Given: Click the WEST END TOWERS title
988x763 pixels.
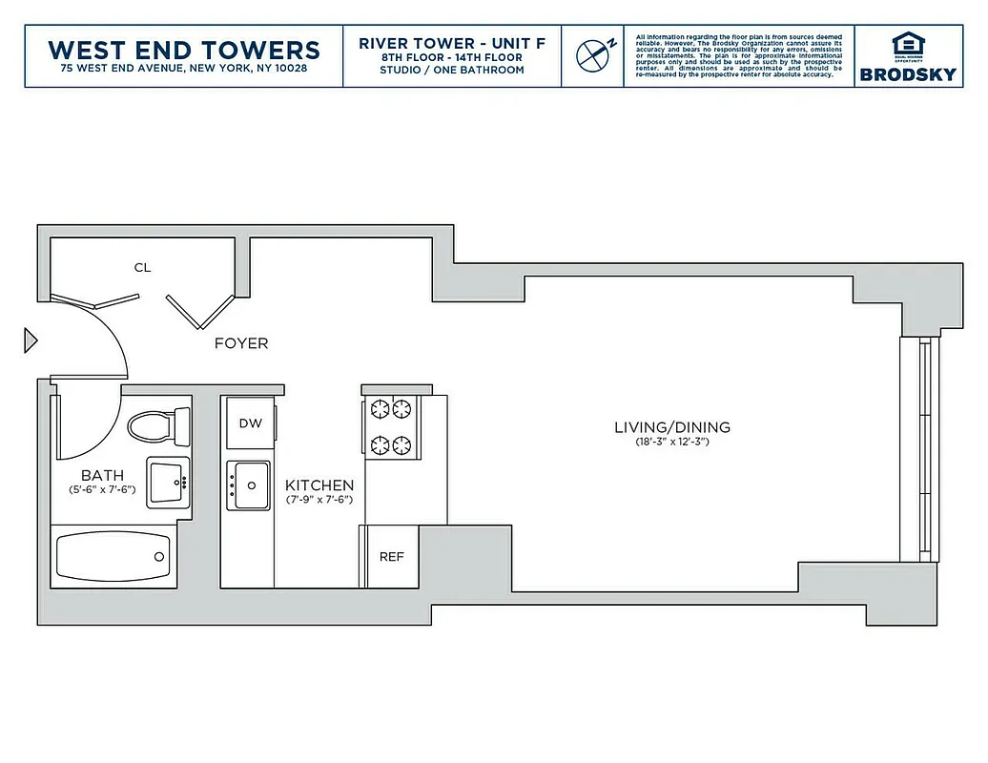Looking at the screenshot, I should click(184, 49).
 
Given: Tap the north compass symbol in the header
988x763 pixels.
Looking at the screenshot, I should click(592, 54).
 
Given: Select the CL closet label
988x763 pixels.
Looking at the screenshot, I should click(142, 268).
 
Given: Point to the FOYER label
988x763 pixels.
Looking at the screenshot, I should click(241, 343).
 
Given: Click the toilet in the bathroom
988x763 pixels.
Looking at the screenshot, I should click(157, 424).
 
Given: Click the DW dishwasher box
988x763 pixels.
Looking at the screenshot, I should click(250, 423).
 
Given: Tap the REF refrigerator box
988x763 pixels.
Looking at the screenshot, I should click(392, 557).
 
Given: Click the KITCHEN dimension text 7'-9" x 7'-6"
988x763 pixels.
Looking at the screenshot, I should click(319, 499).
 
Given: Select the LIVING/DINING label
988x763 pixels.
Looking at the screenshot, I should click(672, 427).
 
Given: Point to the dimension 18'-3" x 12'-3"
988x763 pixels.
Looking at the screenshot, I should click(672, 443).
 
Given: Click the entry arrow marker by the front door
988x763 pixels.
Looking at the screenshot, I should click(30, 339).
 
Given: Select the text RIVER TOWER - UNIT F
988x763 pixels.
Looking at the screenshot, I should click(452, 43).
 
